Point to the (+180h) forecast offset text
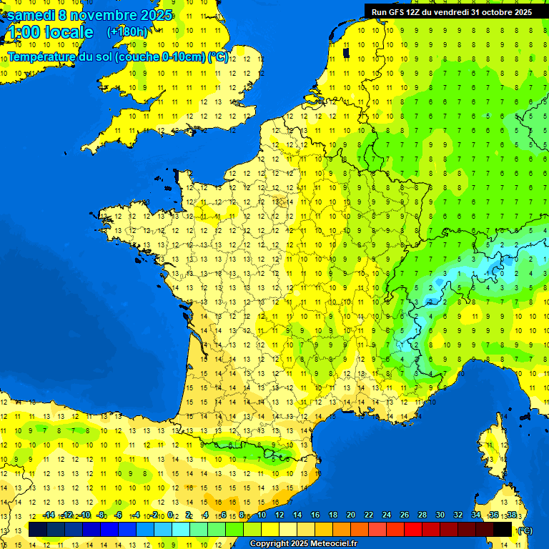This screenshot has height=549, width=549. click(x=127, y=32)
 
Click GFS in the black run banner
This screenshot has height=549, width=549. click(x=395, y=11)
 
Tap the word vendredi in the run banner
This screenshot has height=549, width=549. click(x=448, y=11)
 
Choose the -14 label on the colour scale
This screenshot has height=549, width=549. click(x=49, y=515)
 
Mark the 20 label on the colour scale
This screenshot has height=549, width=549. click(x=350, y=515)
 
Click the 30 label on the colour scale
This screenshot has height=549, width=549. click(x=440, y=515)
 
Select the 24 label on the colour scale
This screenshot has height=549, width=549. click(x=386, y=515)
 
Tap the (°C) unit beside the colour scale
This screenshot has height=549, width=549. click(x=525, y=530)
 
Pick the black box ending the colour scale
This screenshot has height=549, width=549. click(x=503, y=529)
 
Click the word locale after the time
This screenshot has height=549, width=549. click(x=69, y=32)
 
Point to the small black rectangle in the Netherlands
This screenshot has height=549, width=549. click(x=346, y=51)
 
